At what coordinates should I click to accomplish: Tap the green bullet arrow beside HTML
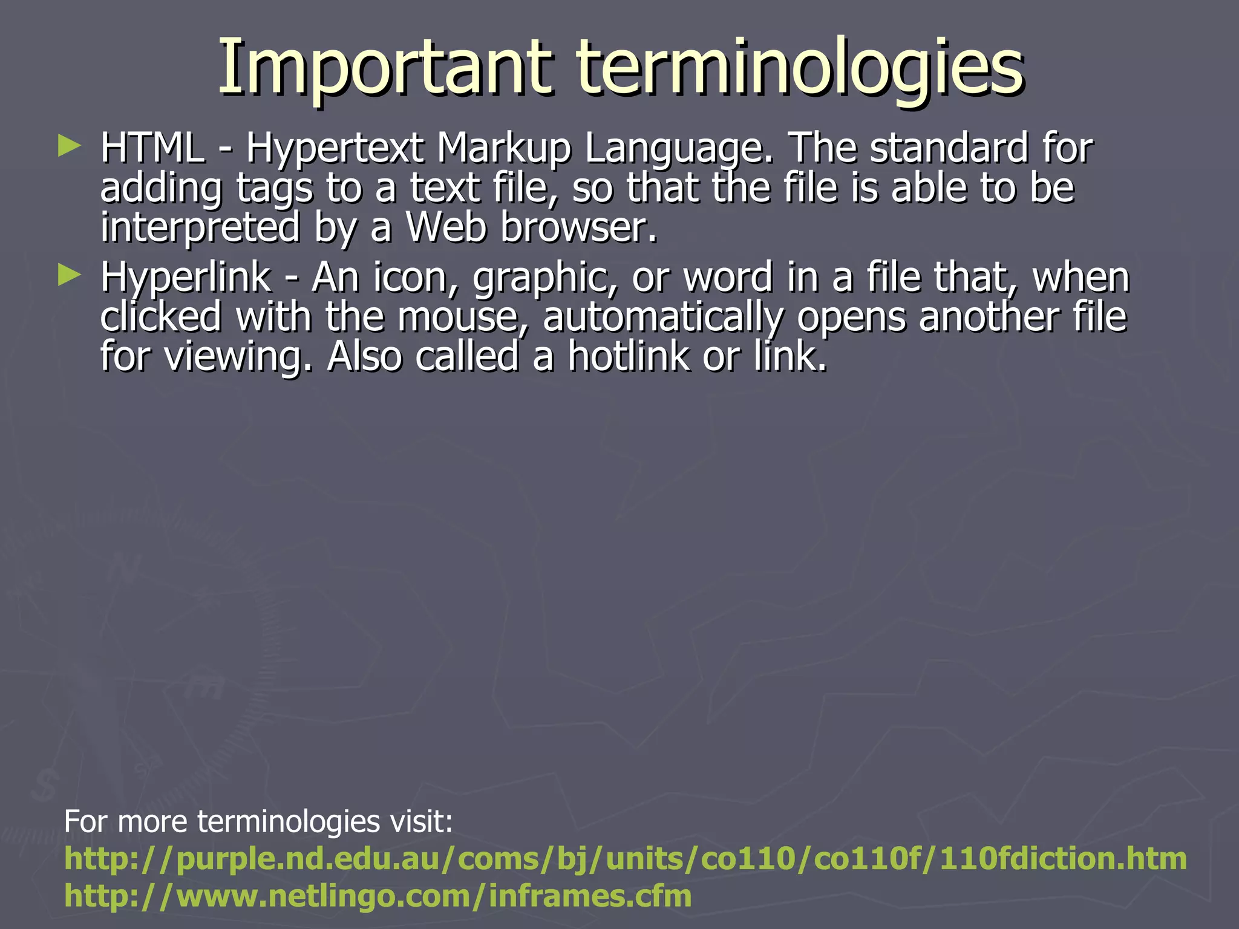click(x=69, y=146)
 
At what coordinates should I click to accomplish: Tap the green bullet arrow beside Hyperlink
click(x=69, y=276)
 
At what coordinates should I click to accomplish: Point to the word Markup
click(x=504, y=149)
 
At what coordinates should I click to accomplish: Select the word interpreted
click(x=200, y=228)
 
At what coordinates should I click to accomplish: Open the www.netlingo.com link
click(x=378, y=896)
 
